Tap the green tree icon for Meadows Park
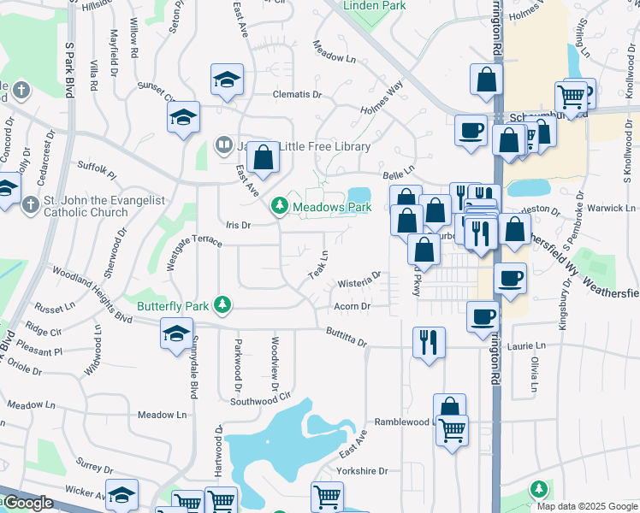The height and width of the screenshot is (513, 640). (x=279, y=206)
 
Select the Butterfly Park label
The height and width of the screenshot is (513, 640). (x=173, y=304)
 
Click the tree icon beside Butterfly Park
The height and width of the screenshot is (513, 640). (x=222, y=304)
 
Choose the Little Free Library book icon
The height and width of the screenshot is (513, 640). (x=223, y=146)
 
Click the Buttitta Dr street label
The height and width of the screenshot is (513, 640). (x=346, y=338)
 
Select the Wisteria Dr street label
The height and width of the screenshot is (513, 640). (x=359, y=280)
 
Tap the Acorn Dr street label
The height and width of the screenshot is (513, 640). (x=352, y=306)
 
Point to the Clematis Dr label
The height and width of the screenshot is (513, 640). (x=296, y=95)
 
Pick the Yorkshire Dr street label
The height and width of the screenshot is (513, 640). (x=362, y=470)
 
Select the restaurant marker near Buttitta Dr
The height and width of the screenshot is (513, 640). (x=429, y=342)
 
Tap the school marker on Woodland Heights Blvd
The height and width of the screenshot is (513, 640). (x=176, y=333)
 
